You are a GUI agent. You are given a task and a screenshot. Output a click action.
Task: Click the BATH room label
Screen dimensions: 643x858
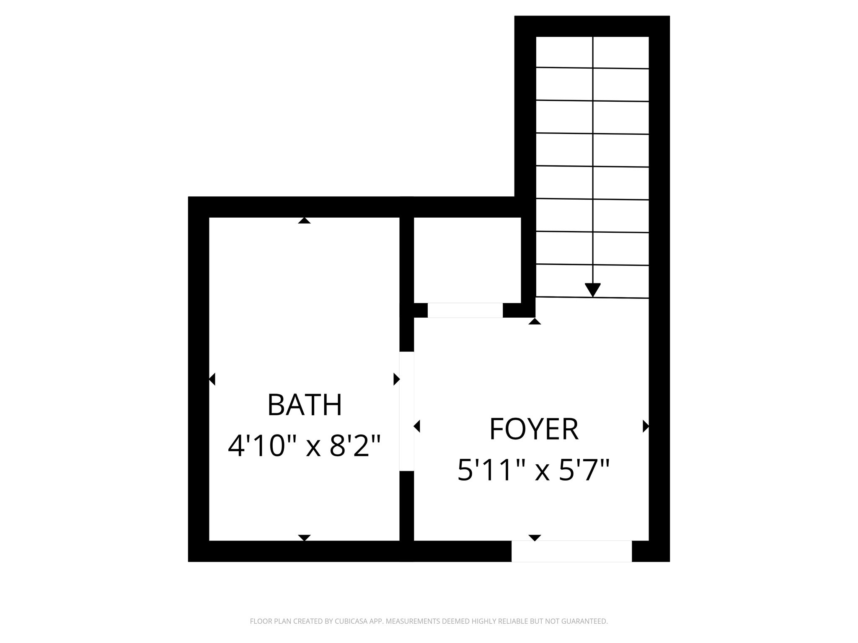click(x=305, y=405)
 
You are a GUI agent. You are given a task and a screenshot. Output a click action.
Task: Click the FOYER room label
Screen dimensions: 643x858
click(x=534, y=429)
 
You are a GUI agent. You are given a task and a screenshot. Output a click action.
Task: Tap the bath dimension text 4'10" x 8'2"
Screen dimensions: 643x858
click(x=305, y=446)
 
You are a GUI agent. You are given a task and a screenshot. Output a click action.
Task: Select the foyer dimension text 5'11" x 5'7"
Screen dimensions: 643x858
click(x=534, y=470)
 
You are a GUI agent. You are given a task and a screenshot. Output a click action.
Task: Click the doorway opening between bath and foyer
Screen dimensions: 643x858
click(x=406, y=411)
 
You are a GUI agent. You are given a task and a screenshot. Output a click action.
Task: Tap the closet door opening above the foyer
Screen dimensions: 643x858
click(x=465, y=310)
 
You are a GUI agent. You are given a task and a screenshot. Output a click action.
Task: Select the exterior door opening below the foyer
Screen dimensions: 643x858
click(x=571, y=551)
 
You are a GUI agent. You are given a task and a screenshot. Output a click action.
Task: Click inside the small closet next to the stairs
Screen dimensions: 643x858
click(x=467, y=260)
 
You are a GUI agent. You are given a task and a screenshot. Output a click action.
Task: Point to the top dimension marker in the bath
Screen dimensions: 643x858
click(x=304, y=221)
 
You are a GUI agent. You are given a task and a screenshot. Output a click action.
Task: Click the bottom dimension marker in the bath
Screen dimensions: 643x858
click(x=304, y=538)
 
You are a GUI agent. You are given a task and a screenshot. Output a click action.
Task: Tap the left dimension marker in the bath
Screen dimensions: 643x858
click(x=212, y=379)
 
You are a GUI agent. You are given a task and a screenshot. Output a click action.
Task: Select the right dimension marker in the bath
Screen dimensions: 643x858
click(x=396, y=379)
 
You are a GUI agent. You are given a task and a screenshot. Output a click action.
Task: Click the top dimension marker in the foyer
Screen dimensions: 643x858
click(x=535, y=321)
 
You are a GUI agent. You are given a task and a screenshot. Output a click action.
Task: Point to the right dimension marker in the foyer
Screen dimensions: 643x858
click(x=646, y=426)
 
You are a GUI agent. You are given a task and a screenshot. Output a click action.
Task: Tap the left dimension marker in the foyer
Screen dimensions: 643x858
click(x=417, y=426)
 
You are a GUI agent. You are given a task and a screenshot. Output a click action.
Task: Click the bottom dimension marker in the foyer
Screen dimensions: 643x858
click(x=535, y=538)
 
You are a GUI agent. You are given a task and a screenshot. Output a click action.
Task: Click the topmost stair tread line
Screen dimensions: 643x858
click(x=592, y=68)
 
